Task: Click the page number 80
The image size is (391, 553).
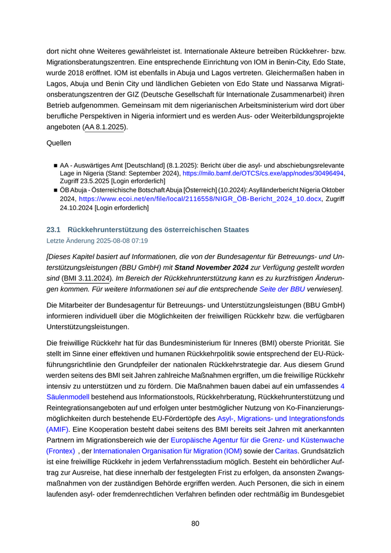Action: (x=195, y=523)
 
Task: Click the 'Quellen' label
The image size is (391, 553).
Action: (x=59, y=143)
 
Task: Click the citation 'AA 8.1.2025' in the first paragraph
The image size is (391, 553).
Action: (x=104, y=127)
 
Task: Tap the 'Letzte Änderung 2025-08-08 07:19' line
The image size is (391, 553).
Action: (x=97, y=241)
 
